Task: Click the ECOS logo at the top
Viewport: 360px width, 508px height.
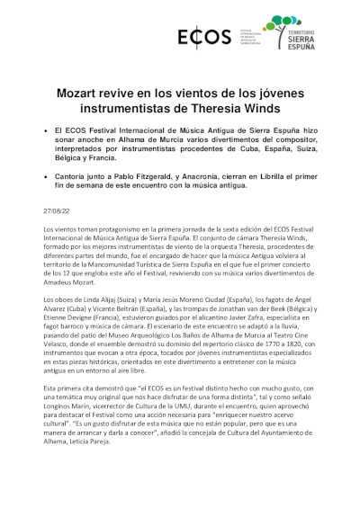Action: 192,39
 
